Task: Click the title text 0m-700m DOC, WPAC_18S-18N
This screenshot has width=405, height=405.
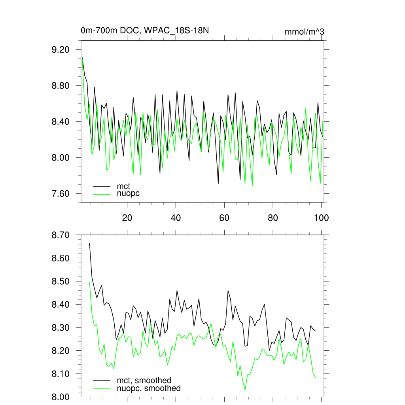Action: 145,30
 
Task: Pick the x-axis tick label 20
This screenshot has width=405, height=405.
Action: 127,218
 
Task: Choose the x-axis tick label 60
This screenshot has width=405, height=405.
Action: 224,218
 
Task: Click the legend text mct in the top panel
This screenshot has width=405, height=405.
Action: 123,185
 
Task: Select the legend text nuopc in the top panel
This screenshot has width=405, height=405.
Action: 128,193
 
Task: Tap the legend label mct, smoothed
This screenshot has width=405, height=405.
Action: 144,380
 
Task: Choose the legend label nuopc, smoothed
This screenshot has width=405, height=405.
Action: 149,388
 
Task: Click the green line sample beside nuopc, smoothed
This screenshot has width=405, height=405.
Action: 102,388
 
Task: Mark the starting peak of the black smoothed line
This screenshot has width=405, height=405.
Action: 89,243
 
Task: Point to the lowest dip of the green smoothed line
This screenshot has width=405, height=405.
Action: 245,390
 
